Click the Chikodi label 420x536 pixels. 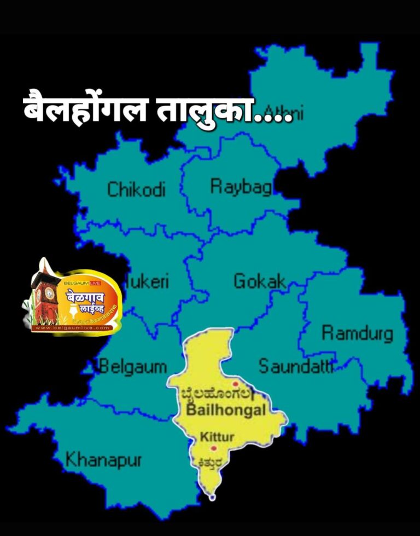click(x=136, y=190)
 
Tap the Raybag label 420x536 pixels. click(x=241, y=187)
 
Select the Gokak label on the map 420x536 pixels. click(x=260, y=281)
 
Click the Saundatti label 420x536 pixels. click(x=295, y=366)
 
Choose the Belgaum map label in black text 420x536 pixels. click(x=133, y=366)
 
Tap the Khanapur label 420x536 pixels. click(x=103, y=460)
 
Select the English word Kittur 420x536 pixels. click(x=217, y=437)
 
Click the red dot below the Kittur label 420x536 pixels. click(x=213, y=448)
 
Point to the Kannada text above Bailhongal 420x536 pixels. click(x=217, y=394)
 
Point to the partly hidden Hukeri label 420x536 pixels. click(x=147, y=282)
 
